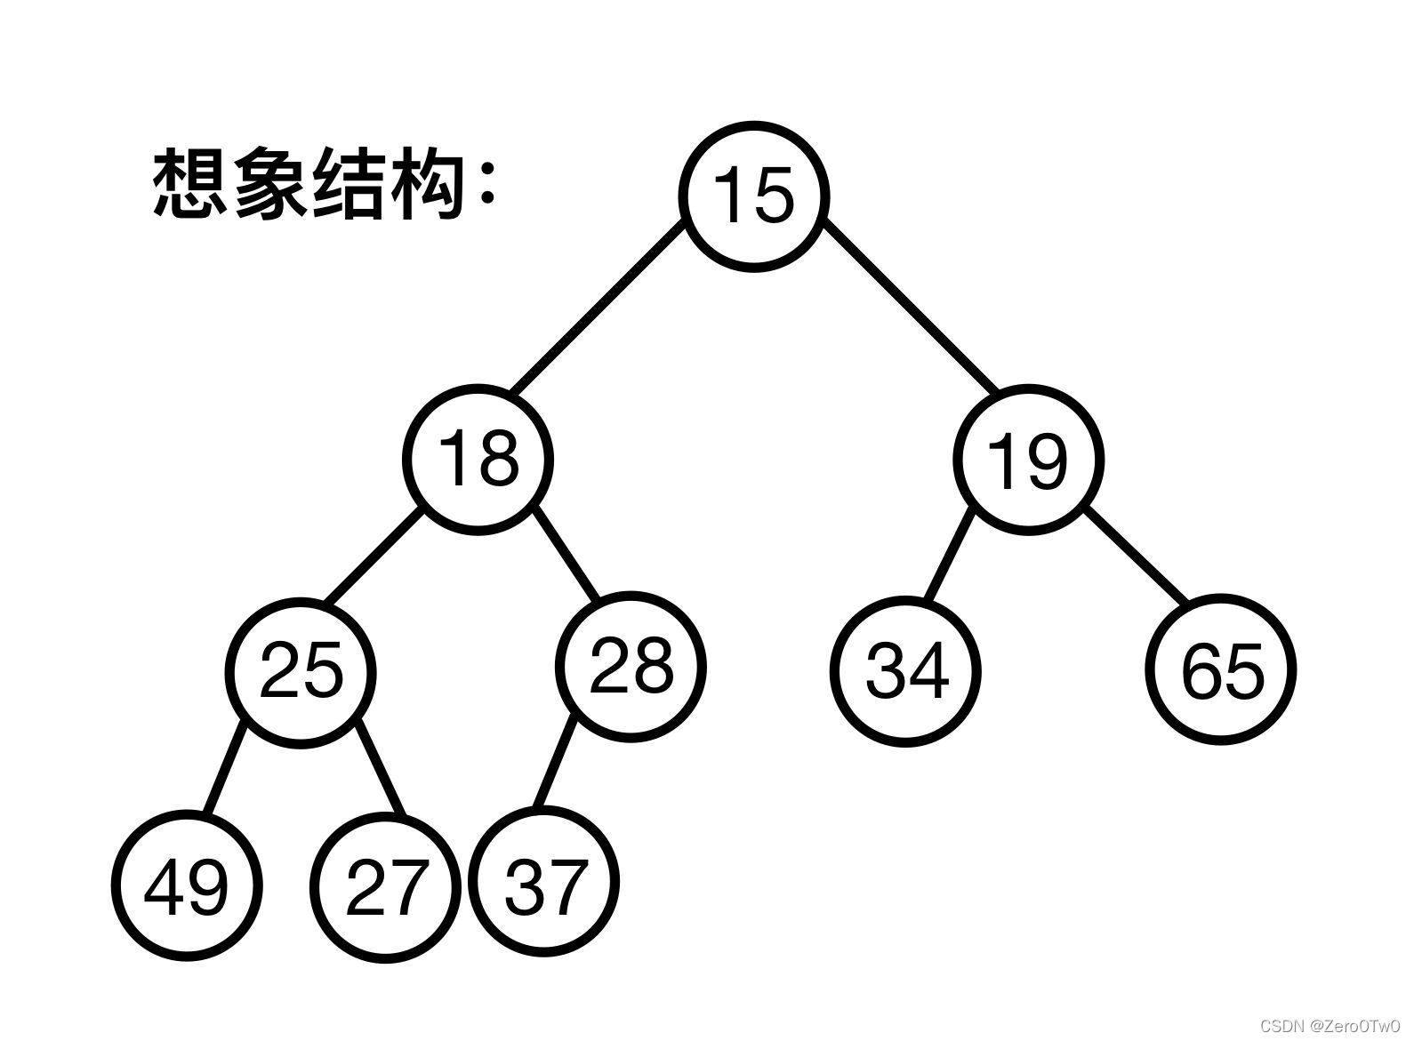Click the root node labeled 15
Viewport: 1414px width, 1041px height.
pos(753,196)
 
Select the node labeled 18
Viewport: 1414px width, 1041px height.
pos(478,459)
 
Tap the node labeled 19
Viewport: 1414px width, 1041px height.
pos(1028,459)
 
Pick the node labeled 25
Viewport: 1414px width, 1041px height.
pos(301,669)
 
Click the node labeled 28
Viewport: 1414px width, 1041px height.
pos(631,665)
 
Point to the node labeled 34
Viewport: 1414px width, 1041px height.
pos(906,669)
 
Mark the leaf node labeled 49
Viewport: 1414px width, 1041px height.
pos(187,885)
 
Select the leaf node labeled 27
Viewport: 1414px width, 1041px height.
pos(385,885)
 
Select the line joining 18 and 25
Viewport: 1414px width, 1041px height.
pos(373,556)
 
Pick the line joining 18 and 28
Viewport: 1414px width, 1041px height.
pos(566,553)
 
